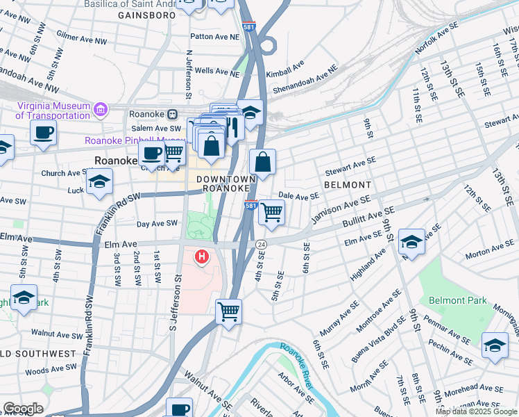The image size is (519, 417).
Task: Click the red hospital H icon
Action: click(202, 257)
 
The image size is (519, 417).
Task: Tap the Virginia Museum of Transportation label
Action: click(53, 111)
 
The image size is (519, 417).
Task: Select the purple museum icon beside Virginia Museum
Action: click(101, 110)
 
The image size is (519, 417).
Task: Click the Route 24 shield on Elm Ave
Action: click(261, 244)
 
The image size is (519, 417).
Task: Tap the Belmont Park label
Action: click(458, 300)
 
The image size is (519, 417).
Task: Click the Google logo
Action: click(23, 409)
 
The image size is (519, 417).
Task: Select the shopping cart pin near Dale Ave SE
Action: click(271, 212)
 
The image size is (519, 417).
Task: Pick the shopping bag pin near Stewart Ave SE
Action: click(263, 163)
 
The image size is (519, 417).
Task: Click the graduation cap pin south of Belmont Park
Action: click(495, 345)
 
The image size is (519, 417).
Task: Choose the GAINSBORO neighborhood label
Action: click(145, 15)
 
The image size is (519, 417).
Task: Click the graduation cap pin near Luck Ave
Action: click(99, 182)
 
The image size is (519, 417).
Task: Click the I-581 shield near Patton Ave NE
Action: click(250, 27)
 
